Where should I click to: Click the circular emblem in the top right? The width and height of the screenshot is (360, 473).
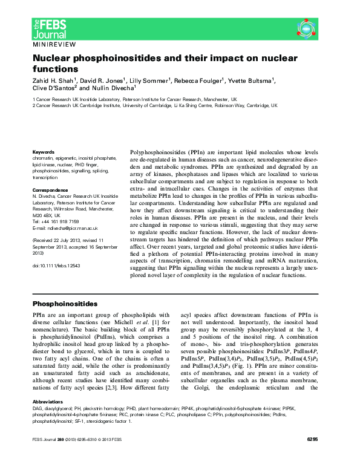click(307, 28)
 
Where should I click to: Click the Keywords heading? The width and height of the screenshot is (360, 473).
click(43, 152)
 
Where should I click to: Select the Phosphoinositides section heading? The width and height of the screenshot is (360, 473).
click(64, 303)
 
